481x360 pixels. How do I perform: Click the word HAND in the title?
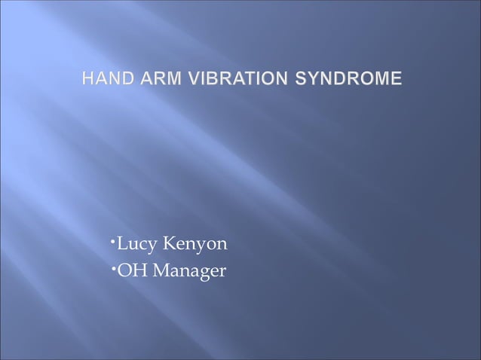click(x=104, y=78)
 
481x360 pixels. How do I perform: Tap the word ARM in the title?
click(x=154, y=78)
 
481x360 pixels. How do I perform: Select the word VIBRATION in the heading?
click(x=231, y=78)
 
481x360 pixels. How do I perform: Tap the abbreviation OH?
click(x=130, y=269)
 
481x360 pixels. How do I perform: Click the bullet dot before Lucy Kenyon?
click(x=111, y=241)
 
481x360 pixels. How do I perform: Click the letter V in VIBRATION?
click(x=183, y=78)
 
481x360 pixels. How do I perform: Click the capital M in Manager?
click(x=161, y=269)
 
